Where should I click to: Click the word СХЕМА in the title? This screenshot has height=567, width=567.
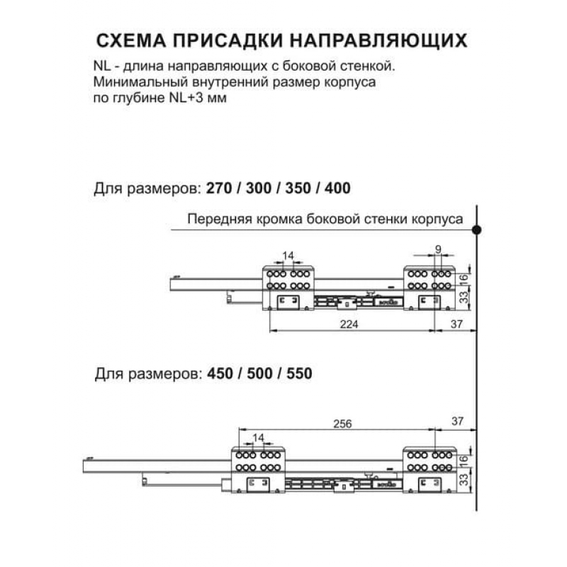click(131, 40)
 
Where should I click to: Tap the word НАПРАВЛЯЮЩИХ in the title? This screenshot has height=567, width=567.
click(379, 40)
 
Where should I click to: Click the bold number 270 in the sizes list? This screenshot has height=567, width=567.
click(219, 188)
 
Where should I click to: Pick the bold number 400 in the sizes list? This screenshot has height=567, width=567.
click(337, 188)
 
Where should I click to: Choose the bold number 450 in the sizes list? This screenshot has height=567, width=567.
click(220, 374)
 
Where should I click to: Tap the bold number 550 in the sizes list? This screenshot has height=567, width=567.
click(299, 374)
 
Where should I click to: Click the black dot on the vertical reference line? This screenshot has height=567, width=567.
click(477, 230)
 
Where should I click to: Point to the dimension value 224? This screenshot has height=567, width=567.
click(349, 325)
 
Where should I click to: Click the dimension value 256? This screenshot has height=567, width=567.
click(342, 423)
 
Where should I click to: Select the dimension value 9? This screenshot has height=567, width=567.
click(438, 249)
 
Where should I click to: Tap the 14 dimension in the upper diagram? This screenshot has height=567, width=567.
click(288, 256)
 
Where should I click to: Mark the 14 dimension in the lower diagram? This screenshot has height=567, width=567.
click(258, 438)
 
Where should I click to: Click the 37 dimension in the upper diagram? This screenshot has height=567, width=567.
click(456, 324)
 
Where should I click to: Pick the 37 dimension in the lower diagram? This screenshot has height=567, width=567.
click(457, 421)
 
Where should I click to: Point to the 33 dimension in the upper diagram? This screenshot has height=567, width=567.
click(464, 297)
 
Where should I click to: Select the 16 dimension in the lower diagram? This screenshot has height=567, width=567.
click(464, 460)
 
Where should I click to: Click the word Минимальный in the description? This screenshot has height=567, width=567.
click(140, 82)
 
